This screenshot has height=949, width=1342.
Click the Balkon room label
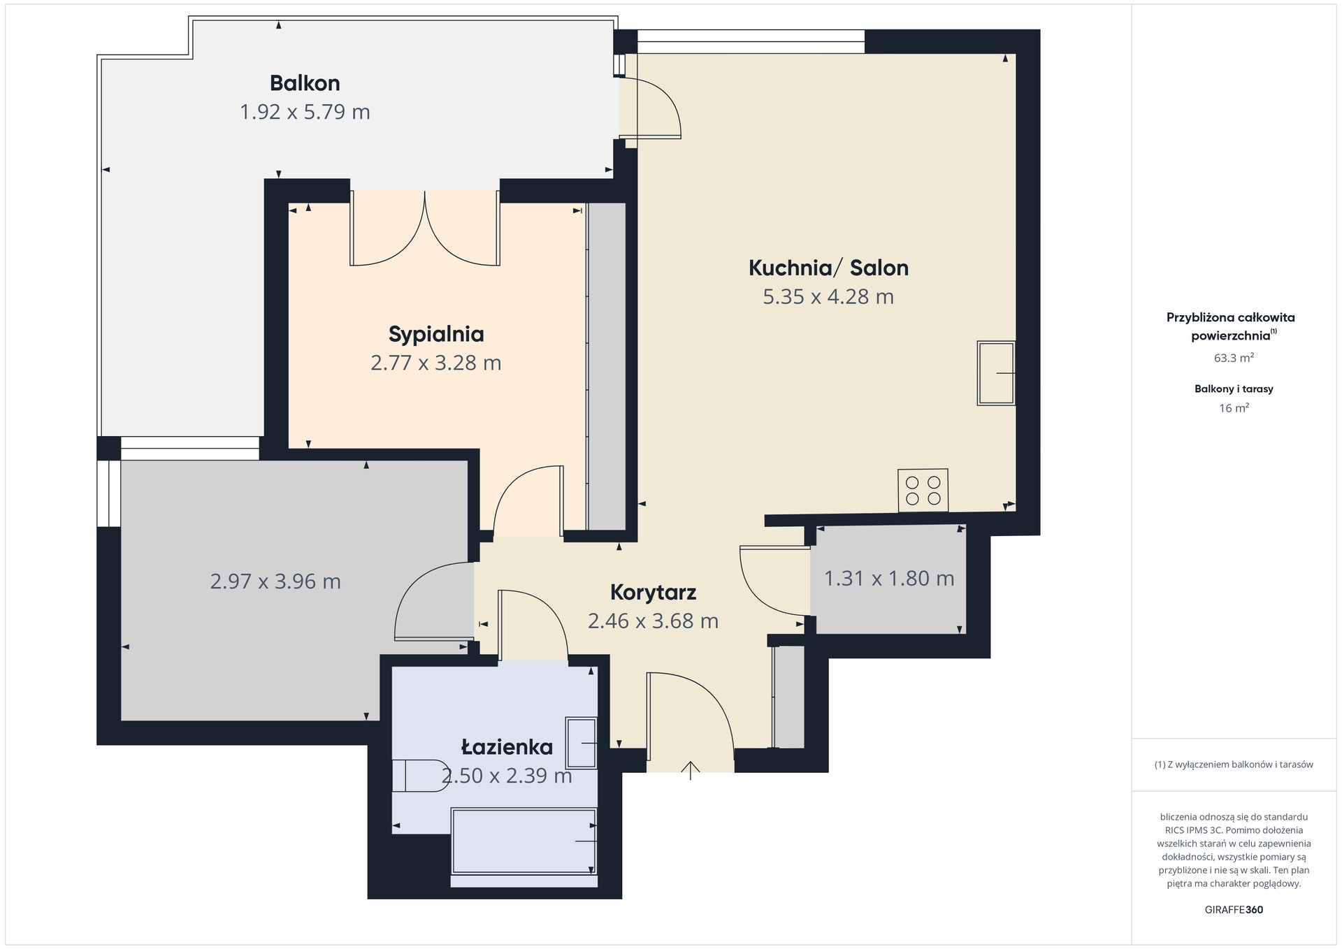coord(305,83)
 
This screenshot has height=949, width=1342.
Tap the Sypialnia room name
coord(436,335)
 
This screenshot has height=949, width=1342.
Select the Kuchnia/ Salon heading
coord(828,268)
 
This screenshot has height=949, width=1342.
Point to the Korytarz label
coord(653,593)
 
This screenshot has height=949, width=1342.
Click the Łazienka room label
coord(507,747)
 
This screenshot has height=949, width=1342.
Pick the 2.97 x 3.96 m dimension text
coord(275,581)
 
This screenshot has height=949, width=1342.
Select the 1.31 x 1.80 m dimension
coord(889,579)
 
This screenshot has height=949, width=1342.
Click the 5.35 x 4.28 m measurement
coord(828,297)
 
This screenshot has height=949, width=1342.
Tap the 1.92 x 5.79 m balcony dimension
coord(305,112)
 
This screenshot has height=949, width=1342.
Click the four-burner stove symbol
coord(923,490)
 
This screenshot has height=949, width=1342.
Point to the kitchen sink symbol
coord(996,373)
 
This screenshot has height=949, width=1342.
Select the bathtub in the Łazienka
coord(524,841)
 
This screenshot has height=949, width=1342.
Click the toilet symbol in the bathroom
coord(419,776)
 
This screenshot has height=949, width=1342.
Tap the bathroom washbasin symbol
coord(582,743)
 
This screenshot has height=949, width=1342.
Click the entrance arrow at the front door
coord(691,770)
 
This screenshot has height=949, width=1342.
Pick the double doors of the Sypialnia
coord(425,229)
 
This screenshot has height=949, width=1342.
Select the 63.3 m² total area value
coord(1234,358)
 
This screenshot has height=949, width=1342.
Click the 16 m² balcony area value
coord(1234,408)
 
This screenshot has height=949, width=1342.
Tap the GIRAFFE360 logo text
coord(1234,910)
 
